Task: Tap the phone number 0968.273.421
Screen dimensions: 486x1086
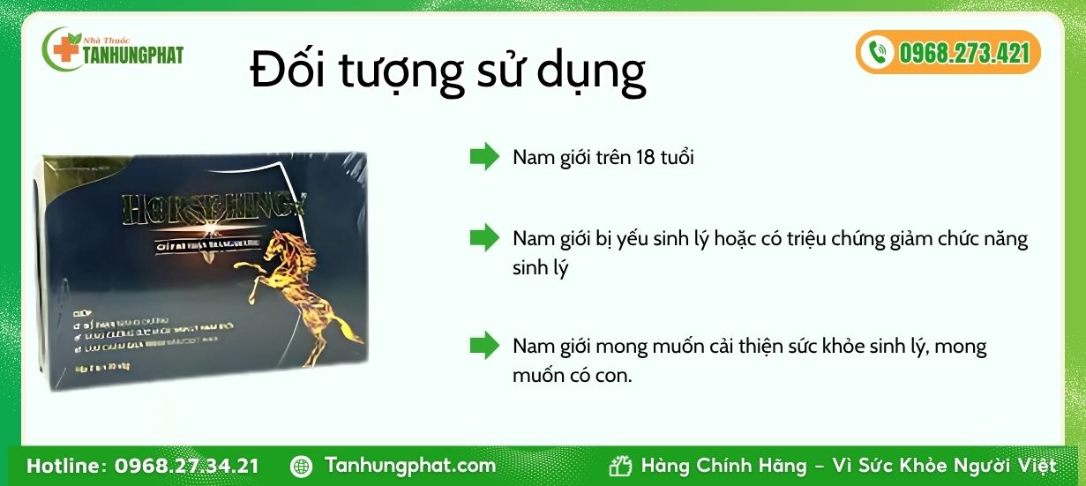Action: [964, 53]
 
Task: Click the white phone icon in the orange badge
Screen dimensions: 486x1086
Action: [877, 53]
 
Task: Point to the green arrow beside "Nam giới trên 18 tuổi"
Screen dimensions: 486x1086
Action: [484, 157]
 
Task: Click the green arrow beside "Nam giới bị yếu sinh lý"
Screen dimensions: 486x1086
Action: [484, 237]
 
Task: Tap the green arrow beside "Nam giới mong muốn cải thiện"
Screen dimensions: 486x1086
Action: [484, 345]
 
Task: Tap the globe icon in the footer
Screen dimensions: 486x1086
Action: [301, 466]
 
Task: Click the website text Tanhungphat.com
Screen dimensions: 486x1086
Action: [410, 465]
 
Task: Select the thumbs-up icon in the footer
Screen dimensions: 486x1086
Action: [621, 466]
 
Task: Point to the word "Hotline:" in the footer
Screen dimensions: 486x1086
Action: [66, 466]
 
